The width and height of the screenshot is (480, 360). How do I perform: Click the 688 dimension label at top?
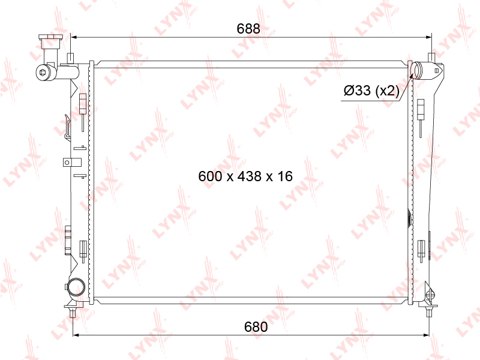[248, 28]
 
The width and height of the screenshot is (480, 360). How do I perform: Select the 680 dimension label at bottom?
[256, 327]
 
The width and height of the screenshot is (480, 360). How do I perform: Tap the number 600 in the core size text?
[210, 176]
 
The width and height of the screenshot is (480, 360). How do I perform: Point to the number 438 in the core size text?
[250, 176]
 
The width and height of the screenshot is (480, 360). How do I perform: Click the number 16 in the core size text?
[285, 176]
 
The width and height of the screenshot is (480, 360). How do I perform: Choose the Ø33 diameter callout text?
[357, 91]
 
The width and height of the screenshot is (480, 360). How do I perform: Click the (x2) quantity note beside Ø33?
[387, 91]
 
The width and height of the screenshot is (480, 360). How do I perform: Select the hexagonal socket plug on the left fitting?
[42, 72]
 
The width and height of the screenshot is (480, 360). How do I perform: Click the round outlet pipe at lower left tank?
[76, 287]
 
